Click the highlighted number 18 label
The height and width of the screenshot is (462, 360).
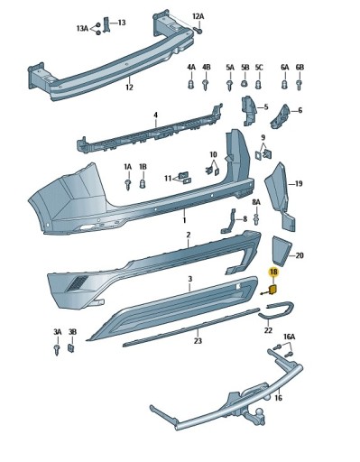pyautogui.click(x=273, y=273)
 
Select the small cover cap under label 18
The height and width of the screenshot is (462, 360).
pyautogui.click(x=273, y=290)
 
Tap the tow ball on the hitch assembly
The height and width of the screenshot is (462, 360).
pyautogui.click(x=259, y=411)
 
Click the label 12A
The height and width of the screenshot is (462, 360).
pyautogui.click(x=198, y=16)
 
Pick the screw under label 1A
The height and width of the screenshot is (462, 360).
pyautogui.click(x=128, y=184)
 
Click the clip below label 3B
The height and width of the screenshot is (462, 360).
pyautogui.click(x=71, y=348)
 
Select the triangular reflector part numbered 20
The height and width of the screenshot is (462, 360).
pyautogui.click(x=281, y=251)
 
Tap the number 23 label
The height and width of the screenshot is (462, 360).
pyautogui.click(x=198, y=341)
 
